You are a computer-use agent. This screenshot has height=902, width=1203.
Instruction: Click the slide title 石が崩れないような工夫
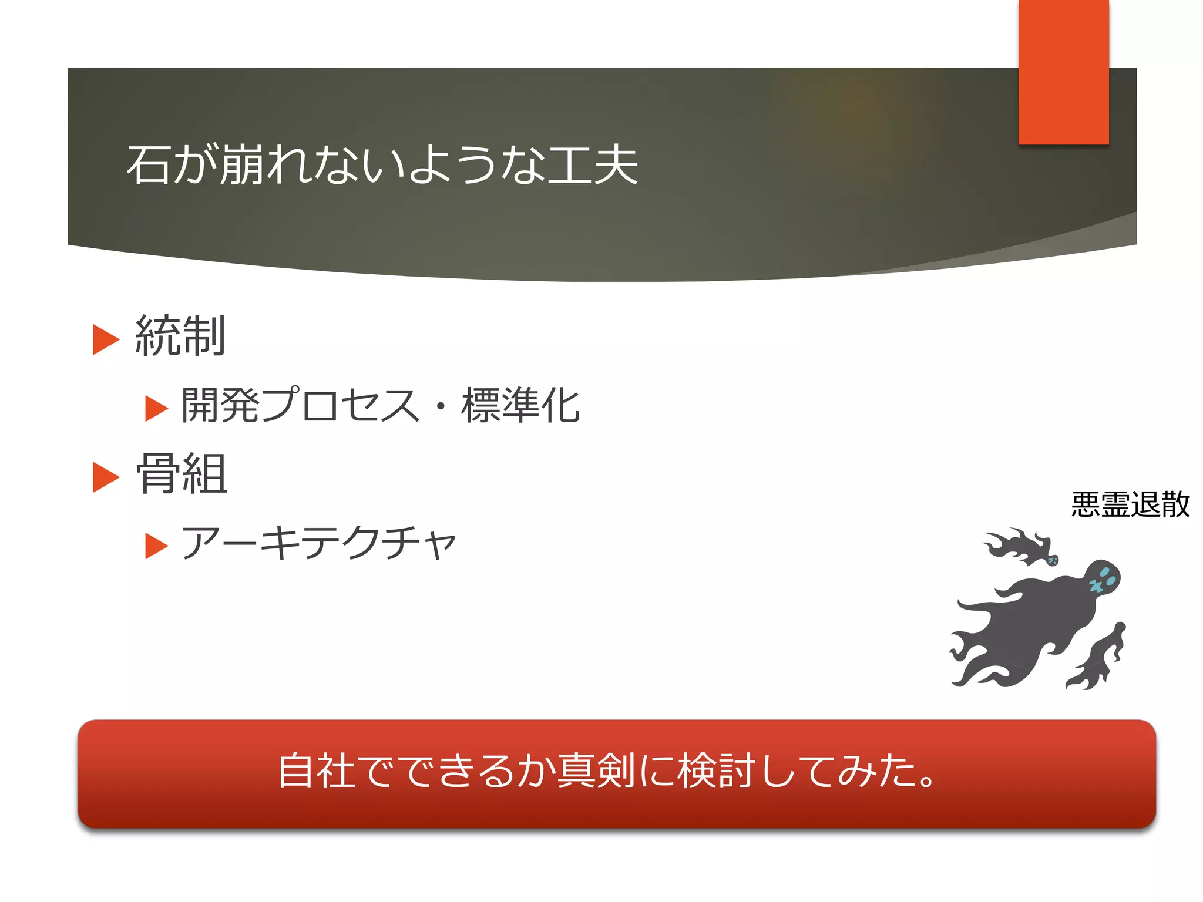click(382, 165)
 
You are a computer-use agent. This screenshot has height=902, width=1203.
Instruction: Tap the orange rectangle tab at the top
click(1063, 72)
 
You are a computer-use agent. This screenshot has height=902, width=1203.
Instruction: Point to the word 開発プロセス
click(300, 405)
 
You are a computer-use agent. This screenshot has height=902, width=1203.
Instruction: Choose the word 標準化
click(520, 405)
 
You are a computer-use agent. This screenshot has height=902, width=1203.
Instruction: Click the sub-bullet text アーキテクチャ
click(319, 543)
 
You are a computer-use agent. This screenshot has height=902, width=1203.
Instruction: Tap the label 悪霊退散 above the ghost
click(1130, 504)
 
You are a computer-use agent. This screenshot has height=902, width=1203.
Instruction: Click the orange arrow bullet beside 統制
click(106, 339)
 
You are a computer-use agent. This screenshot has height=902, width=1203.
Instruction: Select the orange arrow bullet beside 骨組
click(106, 477)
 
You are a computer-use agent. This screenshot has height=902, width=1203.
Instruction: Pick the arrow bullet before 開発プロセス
click(156, 408)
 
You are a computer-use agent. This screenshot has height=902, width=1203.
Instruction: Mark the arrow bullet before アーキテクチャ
click(156, 546)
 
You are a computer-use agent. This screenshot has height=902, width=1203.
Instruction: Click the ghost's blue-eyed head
click(1102, 578)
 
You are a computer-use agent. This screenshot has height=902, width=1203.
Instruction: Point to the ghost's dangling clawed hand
click(1096, 658)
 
